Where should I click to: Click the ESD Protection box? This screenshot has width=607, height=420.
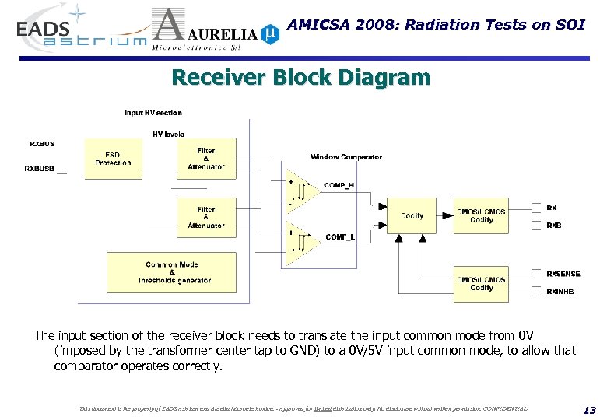[113, 159]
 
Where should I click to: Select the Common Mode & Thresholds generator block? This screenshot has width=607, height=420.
[171, 273]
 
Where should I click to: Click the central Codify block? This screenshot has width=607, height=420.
[412, 215]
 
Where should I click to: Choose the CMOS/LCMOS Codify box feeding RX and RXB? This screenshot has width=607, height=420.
[481, 215]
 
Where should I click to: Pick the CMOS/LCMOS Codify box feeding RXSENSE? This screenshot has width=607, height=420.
[481, 283]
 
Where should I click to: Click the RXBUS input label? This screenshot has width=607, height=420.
[42, 144]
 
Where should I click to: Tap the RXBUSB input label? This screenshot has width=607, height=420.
[40, 168]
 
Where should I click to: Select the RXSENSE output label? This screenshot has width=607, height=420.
[563, 274]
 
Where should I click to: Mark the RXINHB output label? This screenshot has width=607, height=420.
[560, 292]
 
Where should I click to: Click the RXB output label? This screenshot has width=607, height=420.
[553, 225]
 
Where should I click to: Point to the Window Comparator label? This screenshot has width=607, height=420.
[346, 157]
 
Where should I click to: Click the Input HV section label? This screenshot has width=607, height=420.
[153, 113]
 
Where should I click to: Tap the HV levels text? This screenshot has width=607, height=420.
[168, 134]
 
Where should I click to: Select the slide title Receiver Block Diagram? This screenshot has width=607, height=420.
[300, 78]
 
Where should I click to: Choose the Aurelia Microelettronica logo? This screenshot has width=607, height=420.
[214, 31]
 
